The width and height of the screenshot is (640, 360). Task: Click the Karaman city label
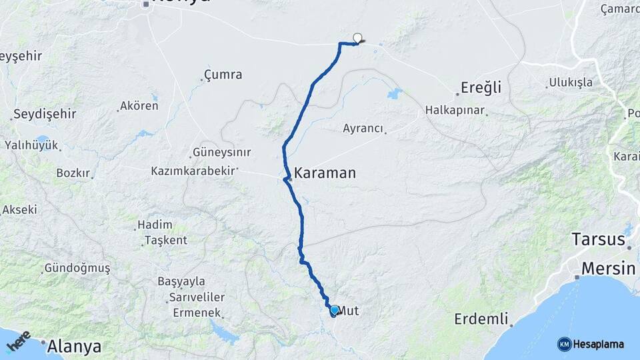pos(325,173)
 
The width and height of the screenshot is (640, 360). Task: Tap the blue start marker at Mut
pos(334,310)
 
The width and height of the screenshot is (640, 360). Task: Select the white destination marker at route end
pos(358,38)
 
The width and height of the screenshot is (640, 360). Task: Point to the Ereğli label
pos(481,87)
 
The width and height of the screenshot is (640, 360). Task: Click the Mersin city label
pos(608,269)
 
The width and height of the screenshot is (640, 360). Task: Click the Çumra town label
pos(223,75)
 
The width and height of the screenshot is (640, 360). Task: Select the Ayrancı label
pos(363,128)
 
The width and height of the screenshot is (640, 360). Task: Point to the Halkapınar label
pos(455,110)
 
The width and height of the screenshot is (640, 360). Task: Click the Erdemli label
pos(477,319)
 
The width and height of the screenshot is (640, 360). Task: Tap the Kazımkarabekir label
pos(193,171)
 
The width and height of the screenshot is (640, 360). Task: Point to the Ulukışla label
pos(569,83)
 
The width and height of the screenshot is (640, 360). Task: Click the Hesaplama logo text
pos(599,344)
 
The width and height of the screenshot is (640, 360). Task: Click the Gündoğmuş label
pos(77,268)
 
